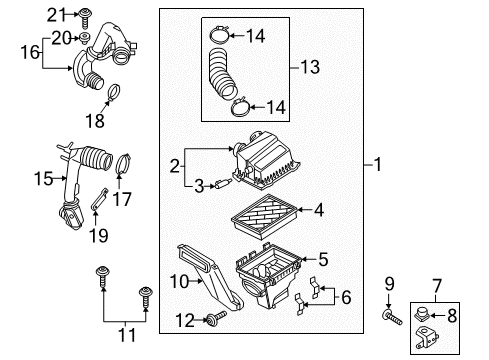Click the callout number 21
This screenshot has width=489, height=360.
[x=57, y=15]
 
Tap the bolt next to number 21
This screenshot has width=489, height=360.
[x=85, y=19]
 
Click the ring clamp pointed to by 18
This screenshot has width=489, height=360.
[x=114, y=92]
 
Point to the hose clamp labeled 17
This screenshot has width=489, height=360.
[x=123, y=163]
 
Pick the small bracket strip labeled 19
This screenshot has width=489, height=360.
[x=99, y=199]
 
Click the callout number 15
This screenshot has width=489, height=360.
[x=43, y=178]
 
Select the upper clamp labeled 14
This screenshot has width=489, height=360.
[x=219, y=35]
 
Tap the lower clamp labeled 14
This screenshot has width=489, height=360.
[x=240, y=107]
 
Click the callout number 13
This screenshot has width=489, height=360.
[x=310, y=67]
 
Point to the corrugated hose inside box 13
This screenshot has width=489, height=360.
[x=221, y=74]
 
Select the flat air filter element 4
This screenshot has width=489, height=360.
[x=264, y=217]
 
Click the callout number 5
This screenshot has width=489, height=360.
[x=323, y=259]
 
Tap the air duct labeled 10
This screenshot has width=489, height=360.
[x=210, y=277]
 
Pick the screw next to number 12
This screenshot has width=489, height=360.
[x=216, y=318]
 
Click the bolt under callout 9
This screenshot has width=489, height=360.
[x=392, y=317]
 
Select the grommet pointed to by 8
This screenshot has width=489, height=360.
[x=422, y=314]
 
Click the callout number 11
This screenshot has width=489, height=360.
[x=127, y=335]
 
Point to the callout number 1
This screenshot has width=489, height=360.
[x=377, y=165]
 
